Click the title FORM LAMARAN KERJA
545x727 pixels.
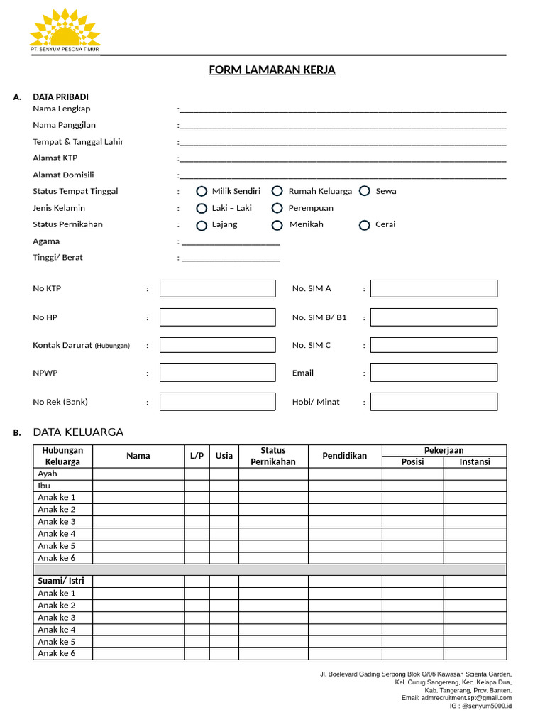[272, 70]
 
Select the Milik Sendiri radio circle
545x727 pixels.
[202, 191]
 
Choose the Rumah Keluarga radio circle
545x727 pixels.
[277, 191]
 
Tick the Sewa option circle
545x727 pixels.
[365, 191]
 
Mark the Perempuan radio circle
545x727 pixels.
[277, 208]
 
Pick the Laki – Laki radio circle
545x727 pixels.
[202, 208]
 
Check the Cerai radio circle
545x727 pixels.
[365, 225]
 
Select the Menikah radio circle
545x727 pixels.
[277, 225]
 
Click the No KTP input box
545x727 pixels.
[217, 288]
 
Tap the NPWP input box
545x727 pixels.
[217, 373]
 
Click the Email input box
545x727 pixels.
[434, 373]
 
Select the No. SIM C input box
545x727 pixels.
[434, 345]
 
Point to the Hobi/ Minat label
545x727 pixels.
[316, 402]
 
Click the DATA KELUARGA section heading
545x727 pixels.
[78, 432]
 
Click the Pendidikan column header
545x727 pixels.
[345, 456]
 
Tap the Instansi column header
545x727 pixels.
[475, 462]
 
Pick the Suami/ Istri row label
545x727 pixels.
[61, 581]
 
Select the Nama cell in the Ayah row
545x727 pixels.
[138, 474]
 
